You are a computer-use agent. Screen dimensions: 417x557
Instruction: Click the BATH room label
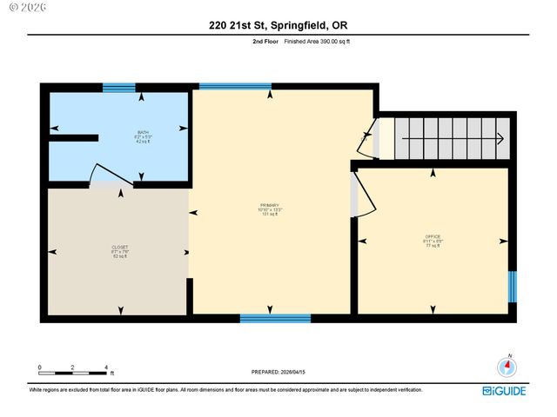pyautogui.click(x=118, y=136)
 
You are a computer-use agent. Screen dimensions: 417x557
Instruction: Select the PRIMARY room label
pyautogui.click(x=270, y=208)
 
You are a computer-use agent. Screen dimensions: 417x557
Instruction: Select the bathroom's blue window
pyautogui.click(x=118, y=87)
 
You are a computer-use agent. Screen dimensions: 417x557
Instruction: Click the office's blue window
pyautogui.click(x=512, y=287)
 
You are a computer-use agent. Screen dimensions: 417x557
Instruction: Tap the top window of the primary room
pyautogui.click(x=223, y=87)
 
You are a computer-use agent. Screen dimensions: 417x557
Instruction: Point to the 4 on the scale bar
pyautogui.click(x=106, y=367)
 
